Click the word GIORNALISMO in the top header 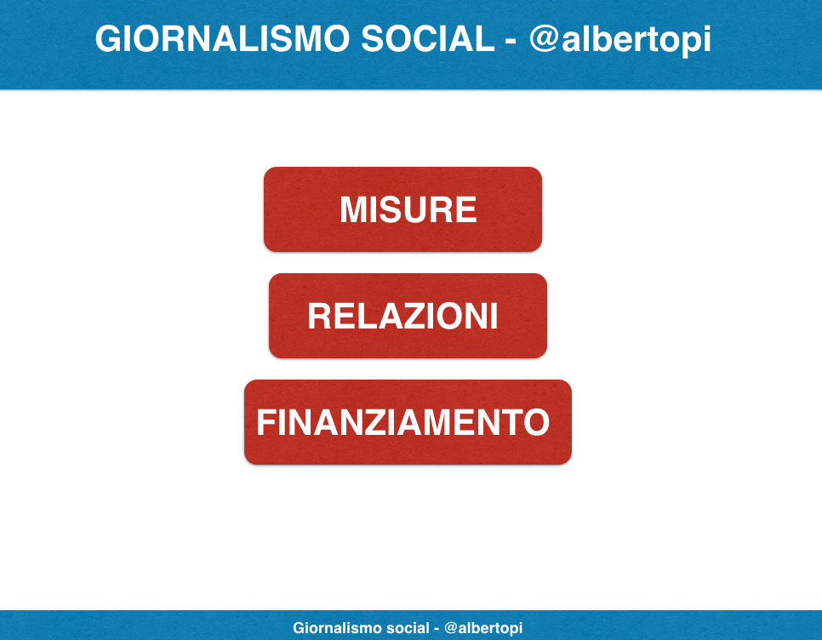tap(222, 39)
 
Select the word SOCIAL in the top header tap(428, 39)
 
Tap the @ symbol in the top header tap(544, 40)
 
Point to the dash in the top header tap(511, 42)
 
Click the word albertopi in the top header tap(636, 40)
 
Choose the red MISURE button tap(402, 209)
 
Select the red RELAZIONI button tap(408, 316)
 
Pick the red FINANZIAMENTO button tap(408, 422)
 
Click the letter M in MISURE tap(354, 209)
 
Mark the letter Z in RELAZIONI tap(424, 316)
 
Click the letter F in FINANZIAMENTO tap(265, 422)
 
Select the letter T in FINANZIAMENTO tap(511, 422)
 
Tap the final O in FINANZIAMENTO tap(537, 422)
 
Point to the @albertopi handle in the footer tap(483, 628)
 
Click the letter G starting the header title tap(109, 39)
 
